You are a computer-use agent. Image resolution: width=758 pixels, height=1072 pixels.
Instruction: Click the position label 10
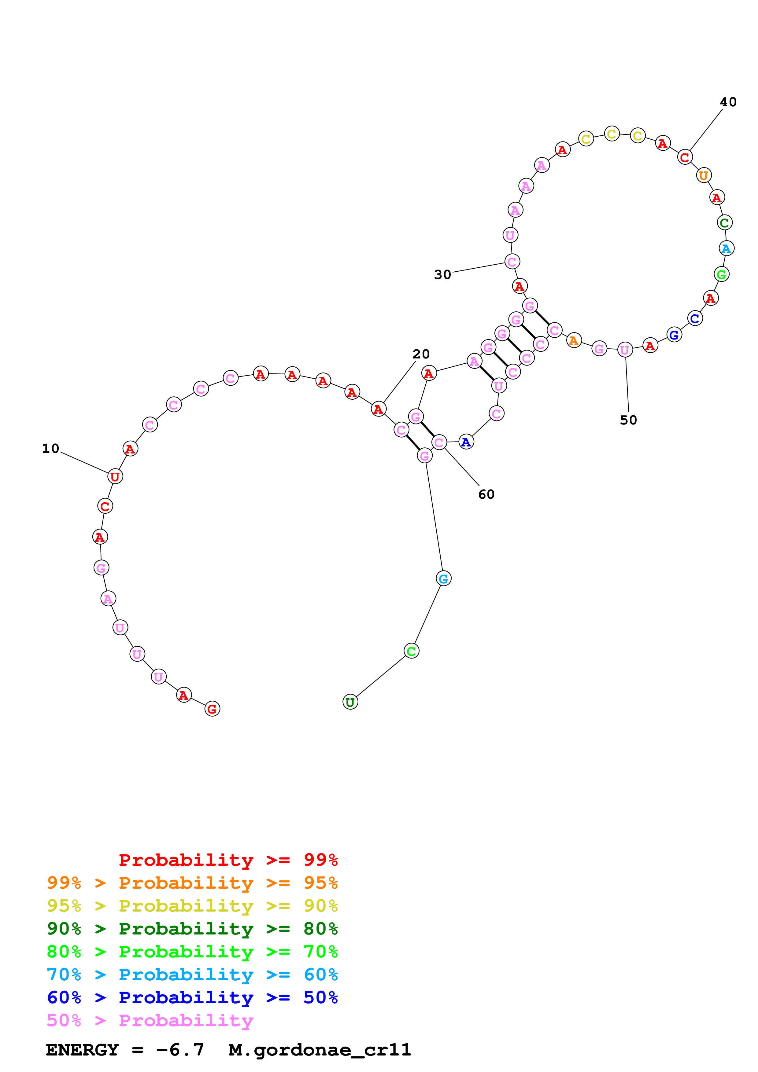point(50,449)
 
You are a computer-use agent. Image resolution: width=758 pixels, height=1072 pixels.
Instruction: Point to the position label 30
point(442,274)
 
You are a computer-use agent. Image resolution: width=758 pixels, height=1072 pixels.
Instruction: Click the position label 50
point(628,420)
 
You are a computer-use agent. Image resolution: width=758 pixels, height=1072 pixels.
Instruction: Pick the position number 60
point(486,494)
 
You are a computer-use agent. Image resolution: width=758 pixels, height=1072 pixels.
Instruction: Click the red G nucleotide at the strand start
point(212,709)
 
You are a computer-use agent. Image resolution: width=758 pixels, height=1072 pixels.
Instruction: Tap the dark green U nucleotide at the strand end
point(350,702)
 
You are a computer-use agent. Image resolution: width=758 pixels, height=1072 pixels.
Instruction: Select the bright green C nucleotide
point(411,651)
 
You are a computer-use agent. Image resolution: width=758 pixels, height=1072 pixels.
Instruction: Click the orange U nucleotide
point(703,175)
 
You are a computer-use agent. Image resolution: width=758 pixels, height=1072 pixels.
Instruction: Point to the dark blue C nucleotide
point(694,318)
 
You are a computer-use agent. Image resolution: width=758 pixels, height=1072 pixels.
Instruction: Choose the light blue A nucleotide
point(726,248)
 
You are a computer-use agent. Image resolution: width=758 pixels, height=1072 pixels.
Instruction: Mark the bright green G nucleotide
point(721,274)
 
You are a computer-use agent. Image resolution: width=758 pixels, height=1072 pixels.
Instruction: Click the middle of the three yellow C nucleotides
point(611,134)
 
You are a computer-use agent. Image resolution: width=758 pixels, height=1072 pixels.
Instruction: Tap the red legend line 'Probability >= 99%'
point(228,860)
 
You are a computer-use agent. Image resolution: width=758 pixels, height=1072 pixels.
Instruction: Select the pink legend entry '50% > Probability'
point(150,1021)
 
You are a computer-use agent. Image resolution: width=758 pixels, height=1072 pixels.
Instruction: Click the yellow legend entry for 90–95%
point(192,906)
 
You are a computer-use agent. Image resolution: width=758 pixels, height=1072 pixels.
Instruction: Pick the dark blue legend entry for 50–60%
point(192,997)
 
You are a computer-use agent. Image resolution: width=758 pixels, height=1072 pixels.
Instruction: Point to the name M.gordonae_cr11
point(320,1050)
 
